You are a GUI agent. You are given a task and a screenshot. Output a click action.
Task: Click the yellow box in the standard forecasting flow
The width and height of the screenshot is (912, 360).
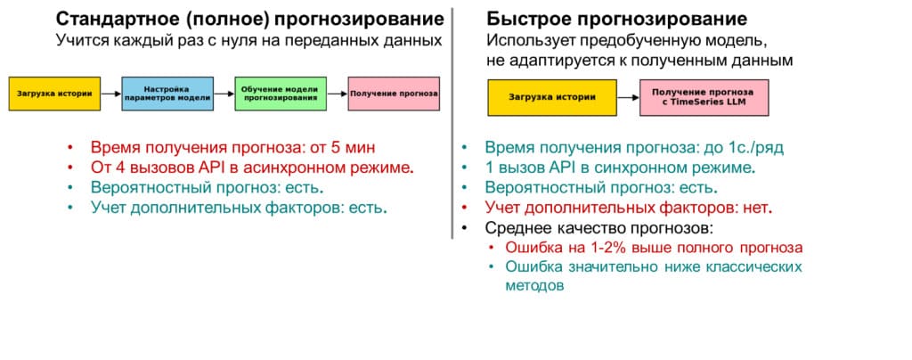tap(54, 94)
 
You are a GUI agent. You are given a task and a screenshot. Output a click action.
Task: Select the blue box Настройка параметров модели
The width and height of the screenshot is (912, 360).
tap(168, 94)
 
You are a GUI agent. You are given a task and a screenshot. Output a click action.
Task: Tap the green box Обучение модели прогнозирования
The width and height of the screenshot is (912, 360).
tap(281, 94)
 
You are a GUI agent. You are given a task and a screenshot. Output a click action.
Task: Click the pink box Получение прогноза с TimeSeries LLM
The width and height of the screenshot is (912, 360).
tap(704, 98)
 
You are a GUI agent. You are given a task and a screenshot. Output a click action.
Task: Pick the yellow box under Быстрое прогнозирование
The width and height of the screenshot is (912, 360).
tap(552, 98)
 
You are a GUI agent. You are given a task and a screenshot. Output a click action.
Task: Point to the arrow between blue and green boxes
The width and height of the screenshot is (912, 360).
tap(224, 94)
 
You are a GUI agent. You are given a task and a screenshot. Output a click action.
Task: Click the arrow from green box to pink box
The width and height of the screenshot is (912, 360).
tap(338, 94)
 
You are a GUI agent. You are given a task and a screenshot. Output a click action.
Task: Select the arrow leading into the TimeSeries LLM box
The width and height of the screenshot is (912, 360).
tap(628, 98)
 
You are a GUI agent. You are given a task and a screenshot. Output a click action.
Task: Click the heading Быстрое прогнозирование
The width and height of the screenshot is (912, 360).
tap(616, 19)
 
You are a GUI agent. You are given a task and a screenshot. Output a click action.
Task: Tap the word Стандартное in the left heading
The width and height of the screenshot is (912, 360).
tap(118, 19)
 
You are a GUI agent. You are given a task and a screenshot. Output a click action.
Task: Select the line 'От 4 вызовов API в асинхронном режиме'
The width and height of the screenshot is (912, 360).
tap(252, 168)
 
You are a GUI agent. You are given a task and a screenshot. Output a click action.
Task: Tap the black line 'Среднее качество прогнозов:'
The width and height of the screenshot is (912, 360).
tap(599, 227)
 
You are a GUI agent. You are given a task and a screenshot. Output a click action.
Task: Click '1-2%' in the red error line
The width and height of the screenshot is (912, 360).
tap(603, 248)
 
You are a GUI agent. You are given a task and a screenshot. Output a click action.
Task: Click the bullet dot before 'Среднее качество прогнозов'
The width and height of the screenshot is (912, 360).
tap(464, 227)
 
